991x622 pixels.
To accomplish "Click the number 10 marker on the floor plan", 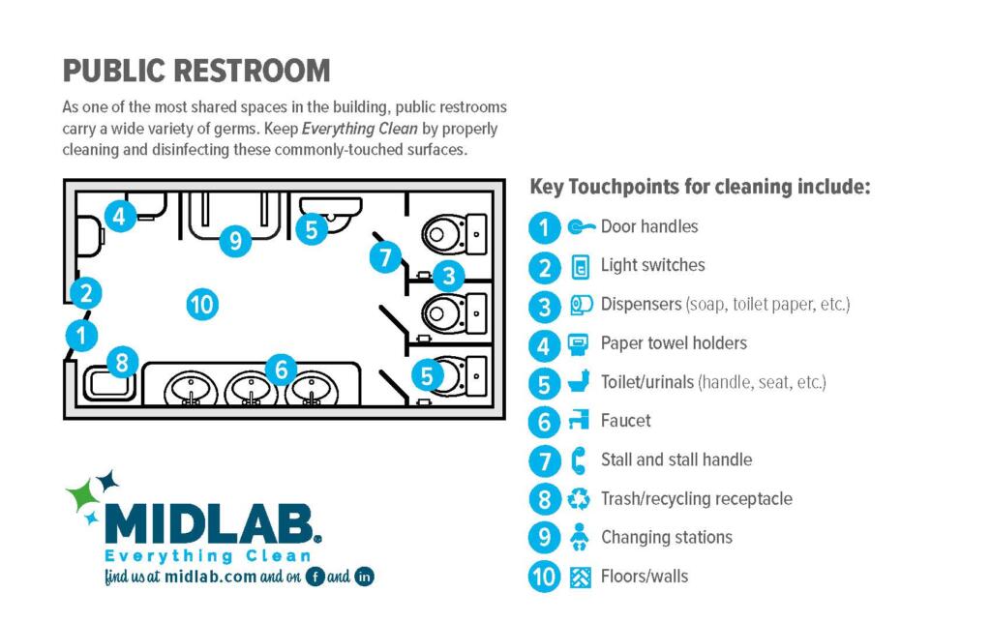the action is click(x=202, y=305).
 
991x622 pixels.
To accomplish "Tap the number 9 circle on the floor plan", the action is click(x=235, y=241).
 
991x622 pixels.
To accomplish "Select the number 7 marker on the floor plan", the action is click(x=385, y=257).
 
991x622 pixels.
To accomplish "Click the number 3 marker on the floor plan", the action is click(x=449, y=276).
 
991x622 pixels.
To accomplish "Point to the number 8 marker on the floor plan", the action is click(x=122, y=363).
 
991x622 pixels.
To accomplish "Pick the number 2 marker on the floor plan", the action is click(x=86, y=293).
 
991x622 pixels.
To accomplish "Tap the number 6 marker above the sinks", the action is click(x=282, y=370).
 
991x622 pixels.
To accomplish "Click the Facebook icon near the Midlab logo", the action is click(x=315, y=577).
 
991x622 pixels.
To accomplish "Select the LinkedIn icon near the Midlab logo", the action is click(x=364, y=577).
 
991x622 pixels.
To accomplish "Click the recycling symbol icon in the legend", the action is click(x=579, y=499).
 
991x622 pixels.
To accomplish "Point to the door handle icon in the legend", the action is click(x=581, y=226).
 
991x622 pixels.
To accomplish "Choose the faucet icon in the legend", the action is click(x=579, y=420).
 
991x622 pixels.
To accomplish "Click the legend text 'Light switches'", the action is click(x=652, y=265).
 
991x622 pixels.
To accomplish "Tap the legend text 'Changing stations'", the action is click(x=666, y=538).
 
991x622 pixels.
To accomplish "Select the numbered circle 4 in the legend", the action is click(x=544, y=345).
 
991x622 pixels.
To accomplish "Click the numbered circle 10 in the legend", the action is click(x=544, y=577).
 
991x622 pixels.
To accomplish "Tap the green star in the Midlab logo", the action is click(x=81, y=494).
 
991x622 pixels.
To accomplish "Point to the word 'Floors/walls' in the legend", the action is click(x=644, y=576).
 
